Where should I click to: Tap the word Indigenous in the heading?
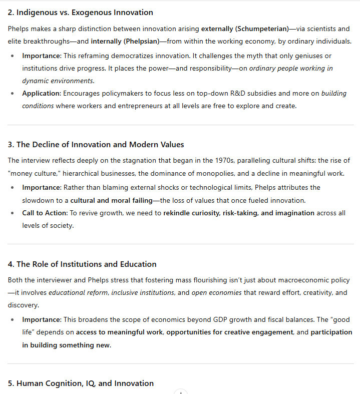pyautogui.click(x=37, y=13)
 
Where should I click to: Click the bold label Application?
pyautogui.click(x=41, y=94)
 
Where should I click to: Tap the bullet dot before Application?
pyautogui.click(x=13, y=94)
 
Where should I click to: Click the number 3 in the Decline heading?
pyautogui.click(x=10, y=145)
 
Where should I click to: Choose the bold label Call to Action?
pyautogui.click(x=44, y=213)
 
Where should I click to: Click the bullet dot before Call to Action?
pyautogui.click(x=13, y=213)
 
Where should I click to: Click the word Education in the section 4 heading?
pyautogui.click(x=138, y=264)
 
